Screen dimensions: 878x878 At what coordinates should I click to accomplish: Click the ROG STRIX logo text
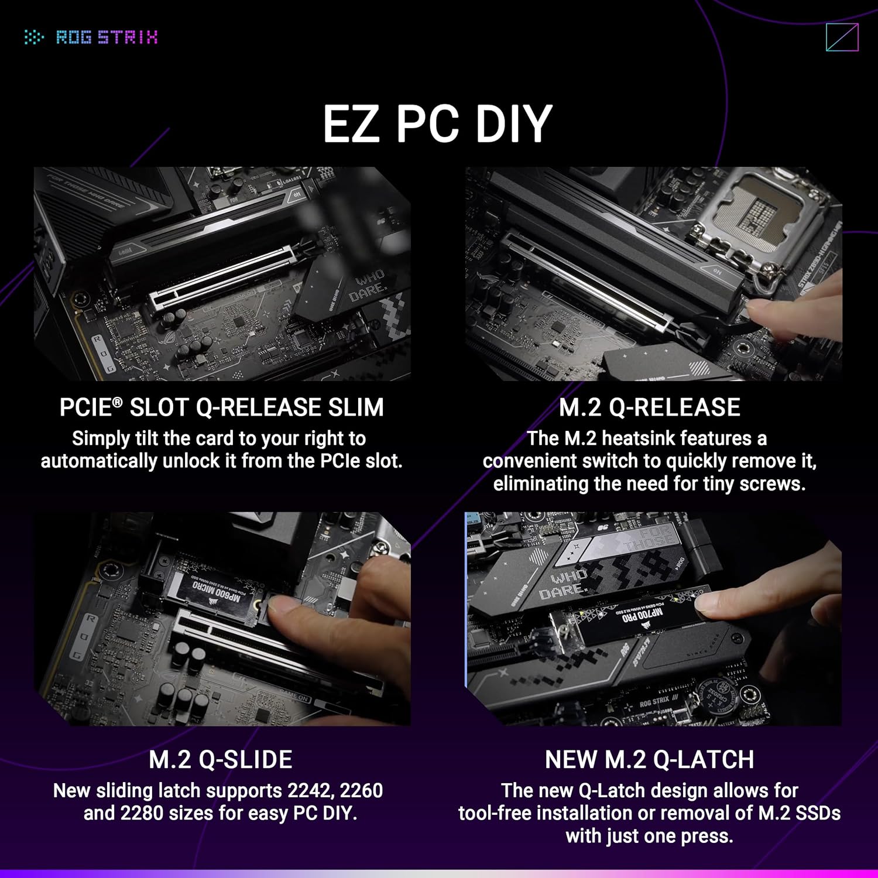106,37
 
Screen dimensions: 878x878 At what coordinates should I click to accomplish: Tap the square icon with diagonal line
842,37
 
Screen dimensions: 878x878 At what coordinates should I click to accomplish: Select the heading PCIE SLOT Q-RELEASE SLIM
221,407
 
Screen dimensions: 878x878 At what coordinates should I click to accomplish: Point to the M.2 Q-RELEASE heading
649,407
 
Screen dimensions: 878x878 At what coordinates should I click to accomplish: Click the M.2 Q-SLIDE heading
221,759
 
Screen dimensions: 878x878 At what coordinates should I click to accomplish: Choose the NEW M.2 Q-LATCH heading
649,759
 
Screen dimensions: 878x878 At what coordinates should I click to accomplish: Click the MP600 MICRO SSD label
217,591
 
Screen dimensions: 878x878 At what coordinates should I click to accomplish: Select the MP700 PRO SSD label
641,615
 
